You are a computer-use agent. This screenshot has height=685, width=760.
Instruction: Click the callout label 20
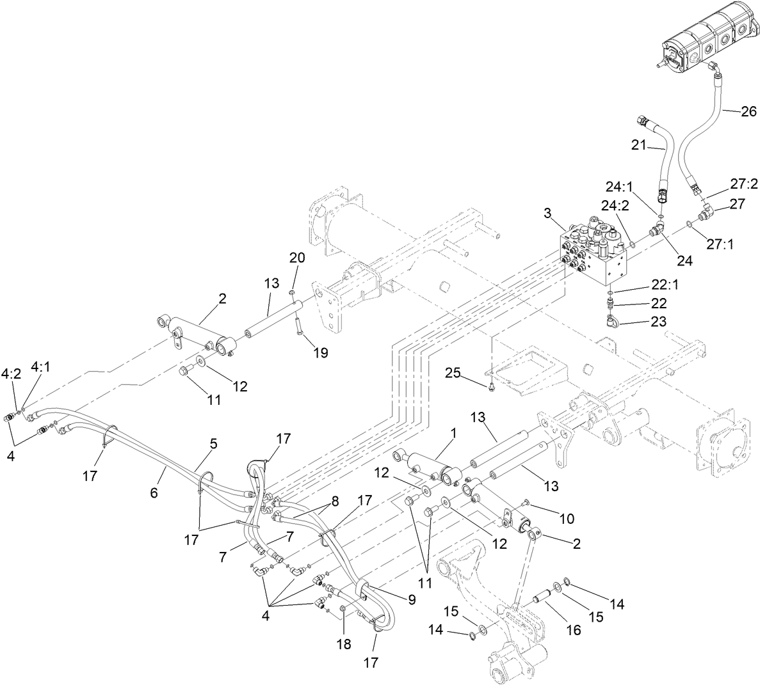[296, 257]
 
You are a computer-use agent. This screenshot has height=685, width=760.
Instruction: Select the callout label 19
[320, 352]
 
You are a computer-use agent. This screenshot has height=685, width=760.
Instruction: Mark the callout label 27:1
[720, 244]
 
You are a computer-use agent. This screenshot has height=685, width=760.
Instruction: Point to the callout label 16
[573, 630]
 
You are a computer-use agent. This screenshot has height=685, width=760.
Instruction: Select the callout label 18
[344, 644]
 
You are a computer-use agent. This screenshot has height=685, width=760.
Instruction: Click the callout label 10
[549, 518]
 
